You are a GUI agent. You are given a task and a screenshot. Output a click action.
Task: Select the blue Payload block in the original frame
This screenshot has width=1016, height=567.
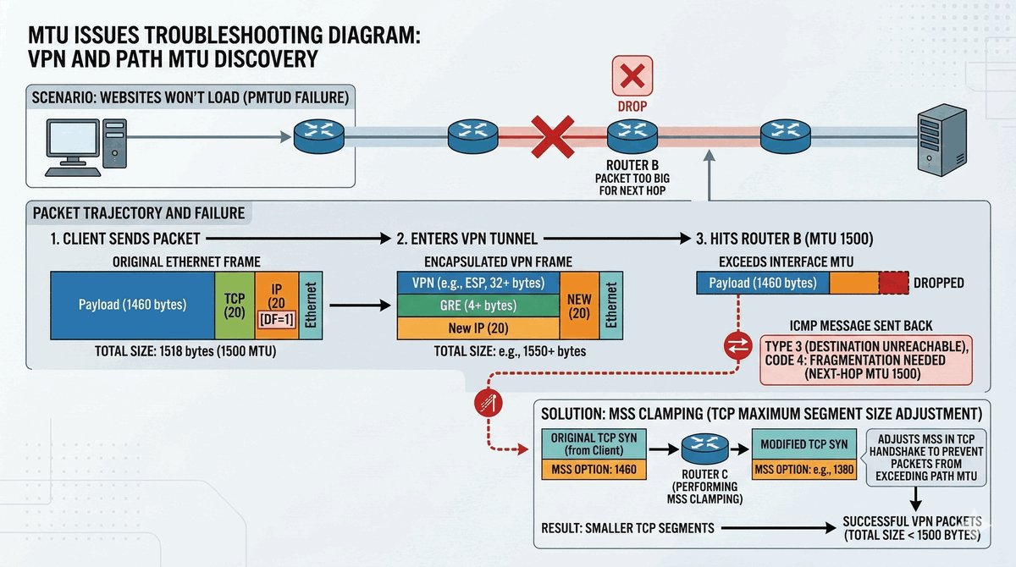132,305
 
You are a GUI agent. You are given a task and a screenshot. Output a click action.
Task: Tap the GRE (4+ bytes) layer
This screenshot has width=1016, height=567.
478,306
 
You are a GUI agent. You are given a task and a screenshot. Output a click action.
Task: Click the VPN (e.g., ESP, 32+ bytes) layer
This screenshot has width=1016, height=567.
478,283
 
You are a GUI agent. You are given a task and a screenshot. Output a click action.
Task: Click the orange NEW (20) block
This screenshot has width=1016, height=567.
579,305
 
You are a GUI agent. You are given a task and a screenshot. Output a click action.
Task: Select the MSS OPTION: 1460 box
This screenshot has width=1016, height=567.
594,468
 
